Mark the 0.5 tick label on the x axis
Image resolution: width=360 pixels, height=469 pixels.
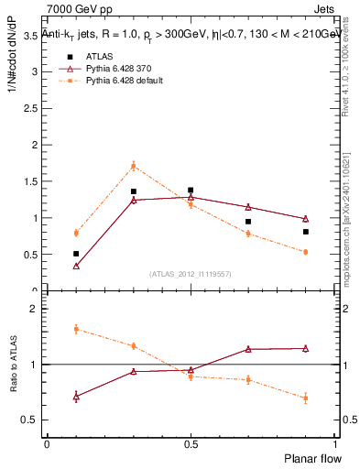pos(191,443)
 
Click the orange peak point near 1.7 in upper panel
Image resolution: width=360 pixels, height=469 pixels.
pos(134,166)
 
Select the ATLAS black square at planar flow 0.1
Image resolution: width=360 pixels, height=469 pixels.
pos(76,254)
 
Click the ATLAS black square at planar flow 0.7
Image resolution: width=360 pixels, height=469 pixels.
pos(248,222)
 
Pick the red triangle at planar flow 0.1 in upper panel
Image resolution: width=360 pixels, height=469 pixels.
pos(76,266)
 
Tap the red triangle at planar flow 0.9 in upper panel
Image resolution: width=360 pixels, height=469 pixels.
pos(305,219)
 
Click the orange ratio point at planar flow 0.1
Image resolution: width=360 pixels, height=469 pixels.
pos(76,329)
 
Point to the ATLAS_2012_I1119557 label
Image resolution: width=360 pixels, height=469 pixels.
pos(191,274)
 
